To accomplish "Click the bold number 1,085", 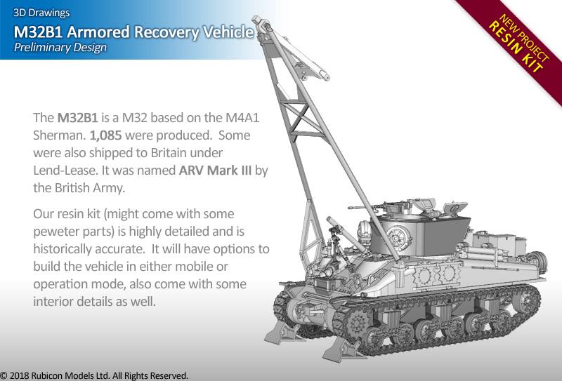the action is [105, 135].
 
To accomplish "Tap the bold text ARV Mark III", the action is [215, 171].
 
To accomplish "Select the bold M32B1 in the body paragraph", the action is [77, 118].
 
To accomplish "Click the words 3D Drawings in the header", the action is [41, 13].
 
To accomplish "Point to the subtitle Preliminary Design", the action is [60, 48].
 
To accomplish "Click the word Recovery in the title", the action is [166, 32].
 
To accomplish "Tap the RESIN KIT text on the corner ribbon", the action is [516, 47].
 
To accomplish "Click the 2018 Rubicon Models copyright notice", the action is [94, 375].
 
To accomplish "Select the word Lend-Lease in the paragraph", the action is [65, 171].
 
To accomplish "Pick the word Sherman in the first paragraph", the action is [60, 135].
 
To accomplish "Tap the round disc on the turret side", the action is [398, 238].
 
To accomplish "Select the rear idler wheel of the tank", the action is [525, 300].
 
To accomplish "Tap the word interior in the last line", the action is [55, 302].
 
